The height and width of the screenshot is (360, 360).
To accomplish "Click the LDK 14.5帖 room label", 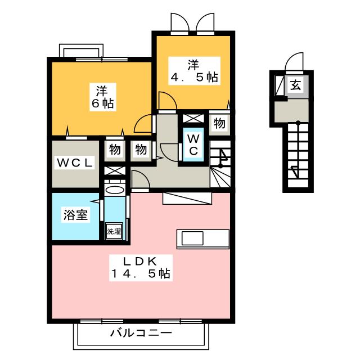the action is pos(141,268).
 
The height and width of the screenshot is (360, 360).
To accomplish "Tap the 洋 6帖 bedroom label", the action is pos(102,97).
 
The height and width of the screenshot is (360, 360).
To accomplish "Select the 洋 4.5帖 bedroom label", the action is pos(194,71).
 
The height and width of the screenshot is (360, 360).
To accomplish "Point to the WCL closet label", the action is pos(75,163).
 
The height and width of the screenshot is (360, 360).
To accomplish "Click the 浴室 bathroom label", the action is pos(75,215).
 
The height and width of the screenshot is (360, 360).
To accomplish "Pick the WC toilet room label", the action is pos(193,145).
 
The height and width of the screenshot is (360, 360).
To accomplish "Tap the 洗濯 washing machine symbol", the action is pos(114,231).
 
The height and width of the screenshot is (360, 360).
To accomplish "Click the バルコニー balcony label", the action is pos(141,333).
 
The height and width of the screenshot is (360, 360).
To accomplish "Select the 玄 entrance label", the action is pos(295,85).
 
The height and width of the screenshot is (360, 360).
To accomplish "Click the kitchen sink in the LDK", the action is pos(192,238).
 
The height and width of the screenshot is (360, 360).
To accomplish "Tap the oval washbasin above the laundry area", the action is pos(114,190).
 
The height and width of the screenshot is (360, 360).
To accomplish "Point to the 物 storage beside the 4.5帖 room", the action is pos(219,124).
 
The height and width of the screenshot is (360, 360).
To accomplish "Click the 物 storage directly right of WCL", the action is pos(115,150).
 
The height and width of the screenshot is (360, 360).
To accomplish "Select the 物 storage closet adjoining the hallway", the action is pos(141,150).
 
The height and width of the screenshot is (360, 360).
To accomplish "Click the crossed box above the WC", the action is pos(193,119).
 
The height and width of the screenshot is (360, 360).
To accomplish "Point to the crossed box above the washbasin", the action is pos(115,171).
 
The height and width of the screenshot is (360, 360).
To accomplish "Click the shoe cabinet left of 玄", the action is pos(280,85).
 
